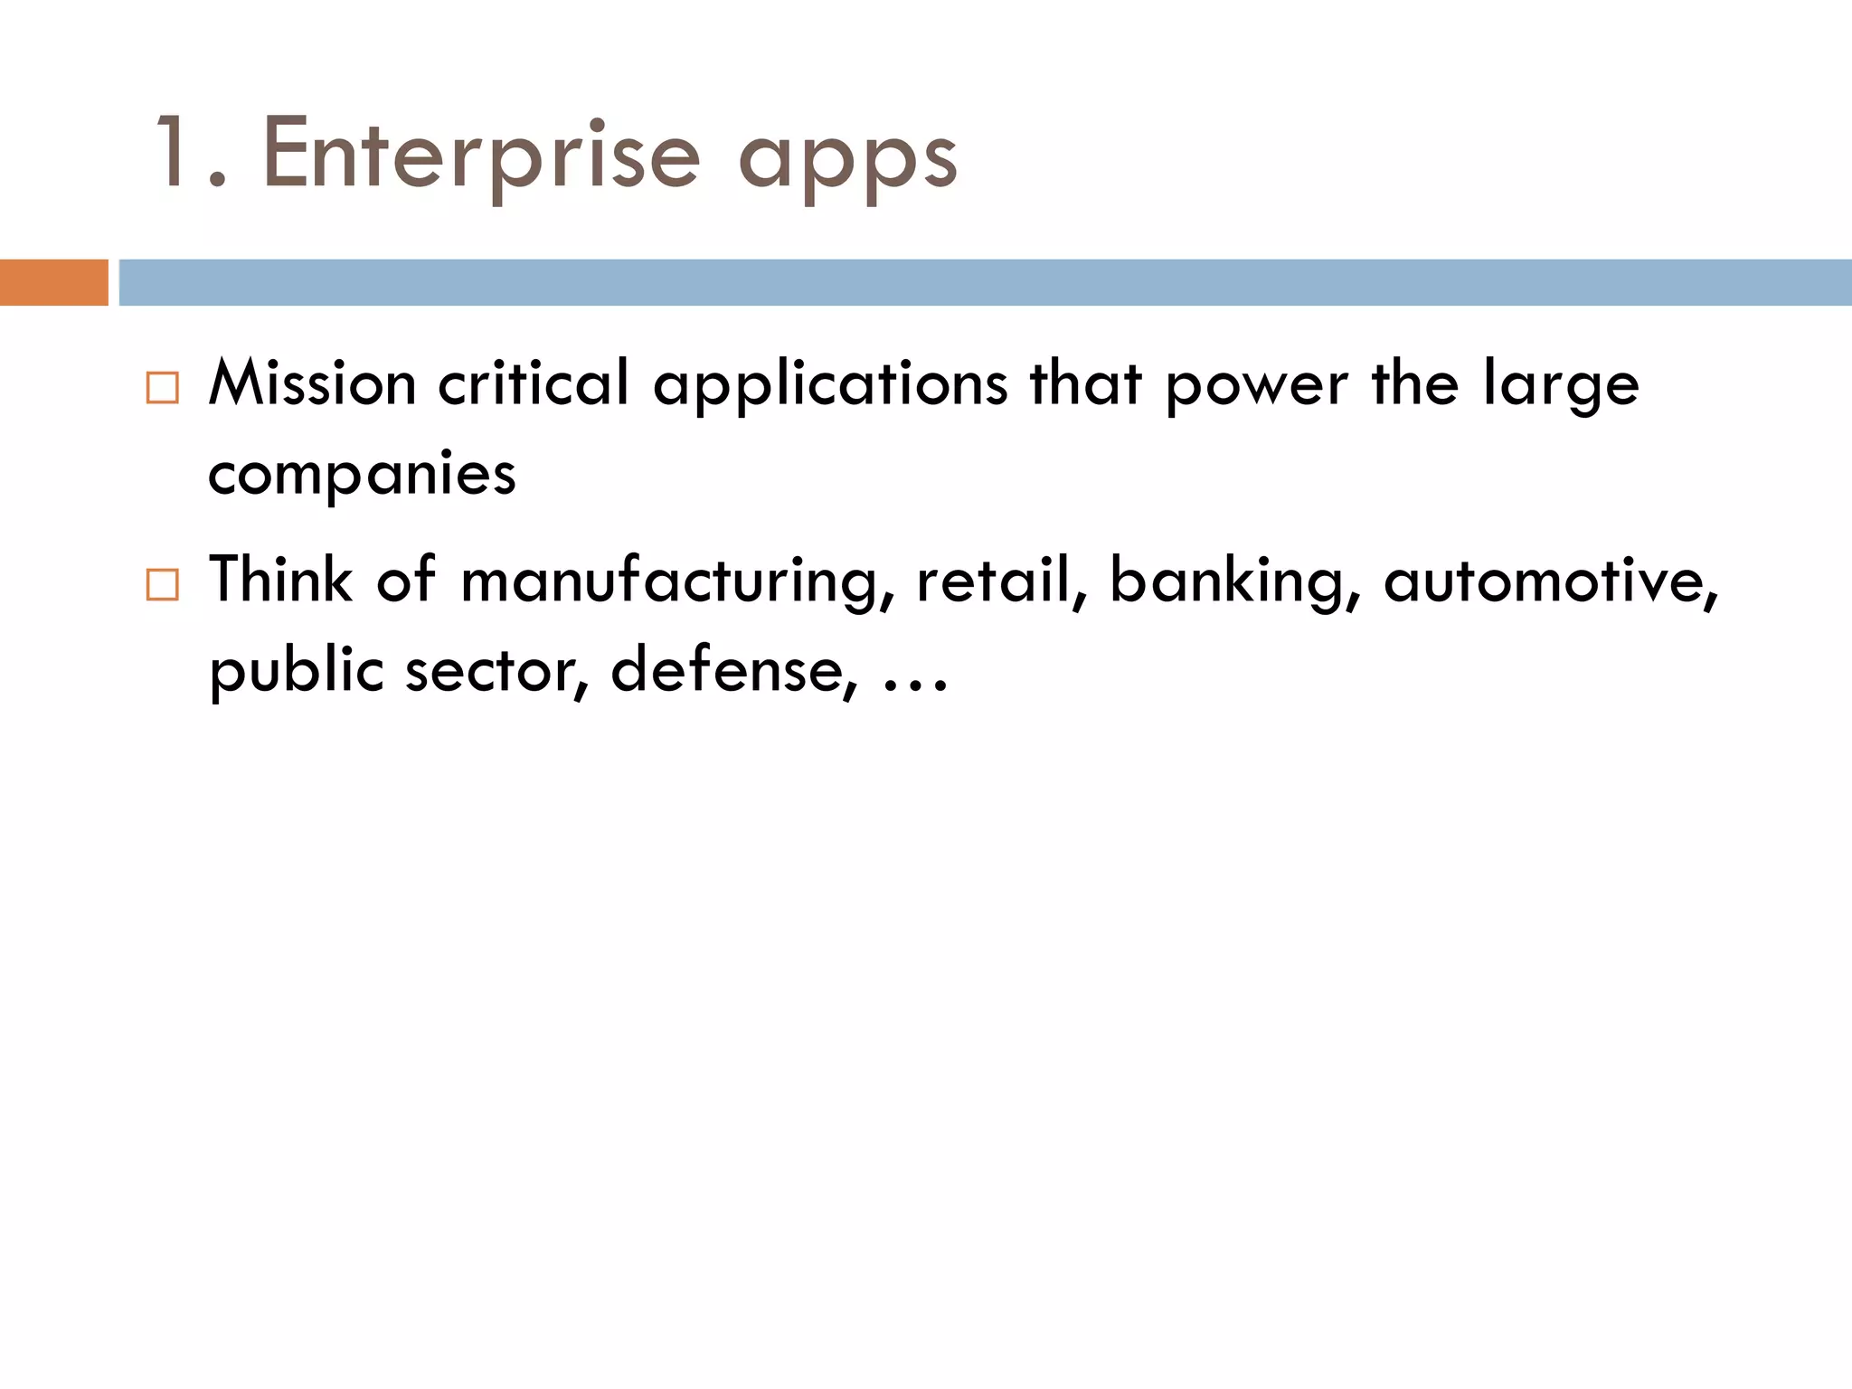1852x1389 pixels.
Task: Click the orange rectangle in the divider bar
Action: (53, 282)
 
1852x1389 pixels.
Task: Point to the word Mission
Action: (312, 383)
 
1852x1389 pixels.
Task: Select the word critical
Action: (534, 383)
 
